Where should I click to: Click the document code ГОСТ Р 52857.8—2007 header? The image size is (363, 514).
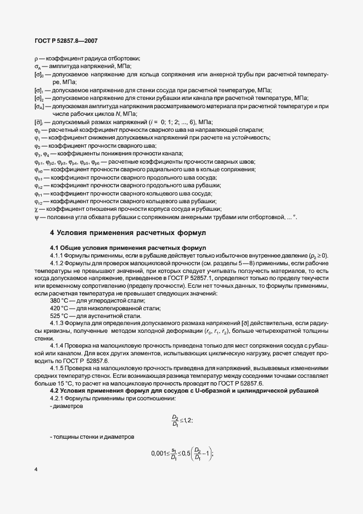tap(66, 41)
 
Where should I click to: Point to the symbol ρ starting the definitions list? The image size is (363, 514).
tap(36, 58)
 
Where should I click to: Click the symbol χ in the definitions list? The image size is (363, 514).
tap(36, 209)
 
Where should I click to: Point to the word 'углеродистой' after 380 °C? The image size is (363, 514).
tap(104, 300)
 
